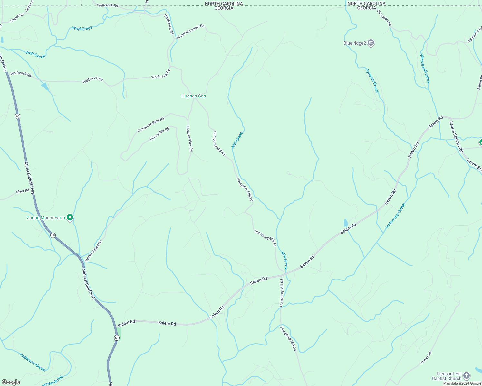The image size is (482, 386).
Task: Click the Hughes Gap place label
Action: pyautogui.click(x=193, y=96)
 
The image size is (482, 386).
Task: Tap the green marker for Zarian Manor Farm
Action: pyautogui.click(x=70, y=217)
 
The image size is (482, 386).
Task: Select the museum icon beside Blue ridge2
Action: pyautogui.click(x=371, y=43)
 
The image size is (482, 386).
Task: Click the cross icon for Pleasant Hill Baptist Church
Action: pyautogui.click(x=466, y=375)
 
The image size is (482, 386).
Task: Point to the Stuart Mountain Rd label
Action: pyautogui.click(x=190, y=31)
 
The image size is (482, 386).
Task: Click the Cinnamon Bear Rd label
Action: pyautogui.click(x=150, y=124)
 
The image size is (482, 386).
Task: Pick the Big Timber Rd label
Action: pyautogui.click(x=159, y=134)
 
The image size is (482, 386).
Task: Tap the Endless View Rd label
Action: pyautogui.click(x=189, y=138)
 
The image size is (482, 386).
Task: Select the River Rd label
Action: pyautogui.click(x=23, y=191)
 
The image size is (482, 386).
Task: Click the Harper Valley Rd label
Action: pyautogui.click(x=93, y=251)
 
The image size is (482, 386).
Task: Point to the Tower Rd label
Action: pyautogui.click(x=426, y=358)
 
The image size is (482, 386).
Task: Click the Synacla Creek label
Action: pyautogui.click(x=372, y=80)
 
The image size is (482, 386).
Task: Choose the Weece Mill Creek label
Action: pyautogui.click(x=425, y=68)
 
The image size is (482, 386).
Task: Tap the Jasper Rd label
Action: pyautogui.click(x=16, y=18)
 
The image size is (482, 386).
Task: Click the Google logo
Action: pyautogui.click(x=11, y=382)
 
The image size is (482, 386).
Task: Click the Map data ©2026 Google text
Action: pyautogui.click(x=462, y=383)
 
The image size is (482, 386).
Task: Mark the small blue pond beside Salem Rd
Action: pyautogui.click(x=345, y=223)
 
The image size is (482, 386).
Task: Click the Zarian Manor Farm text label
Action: pyautogui.click(x=46, y=218)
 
